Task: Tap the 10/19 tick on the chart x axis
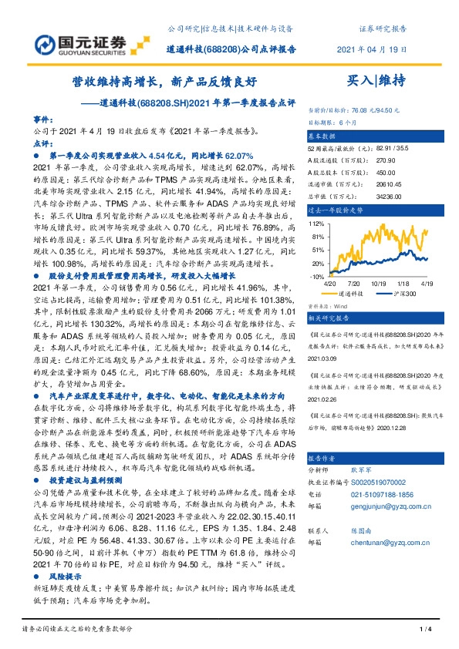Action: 378,284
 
